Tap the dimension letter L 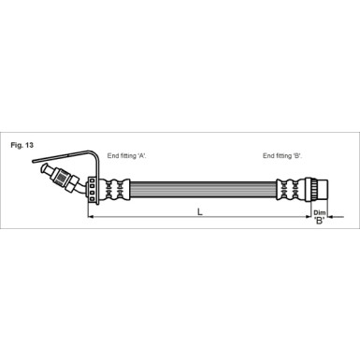[199, 212]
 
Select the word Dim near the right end [319, 213]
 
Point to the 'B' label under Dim [319, 222]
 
